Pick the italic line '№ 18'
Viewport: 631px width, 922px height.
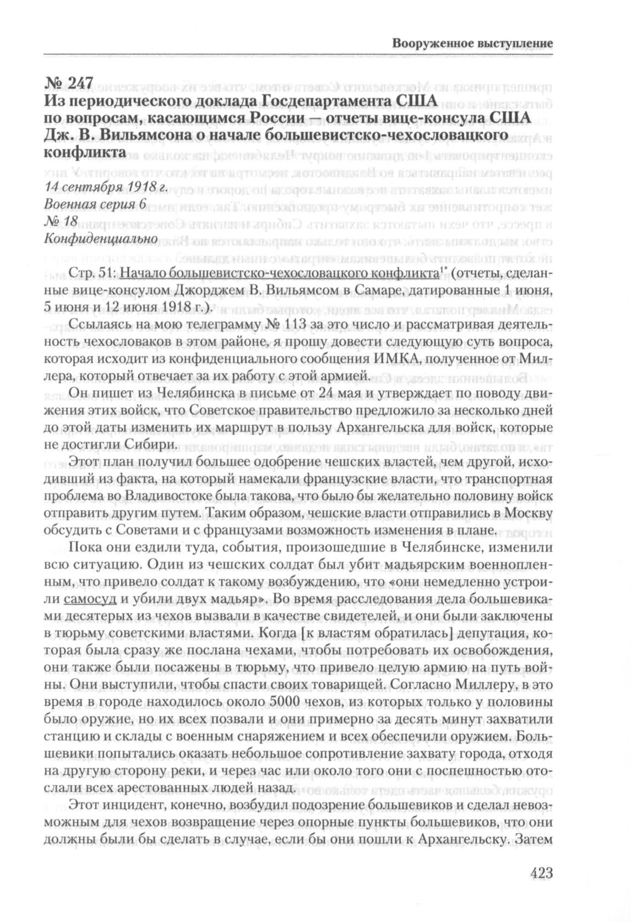[57, 220]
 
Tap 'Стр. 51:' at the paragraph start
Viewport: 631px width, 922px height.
[93, 273]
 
